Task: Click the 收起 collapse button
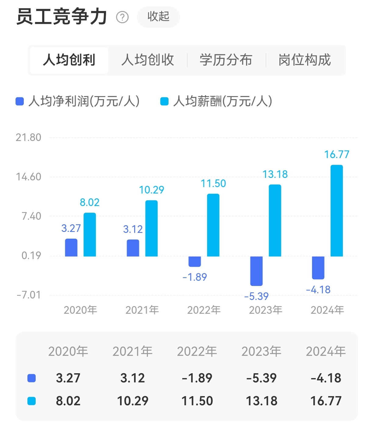pyautogui.click(x=158, y=17)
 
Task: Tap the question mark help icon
pyautogui.click(x=123, y=17)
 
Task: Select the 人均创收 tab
pyautogui.click(x=147, y=60)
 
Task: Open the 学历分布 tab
pyautogui.click(x=226, y=60)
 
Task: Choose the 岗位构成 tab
pyautogui.click(x=304, y=60)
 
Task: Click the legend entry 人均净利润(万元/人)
pyautogui.click(x=78, y=101)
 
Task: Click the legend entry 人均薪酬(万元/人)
pyautogui.click(x=216, y=101)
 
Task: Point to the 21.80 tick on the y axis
pyautogui.click(x=28, y=138)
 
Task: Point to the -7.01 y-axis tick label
pyautogui.click(x=28, y=295)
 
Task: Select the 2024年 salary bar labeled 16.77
pyautogui.click(x=336, y=211)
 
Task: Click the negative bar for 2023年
pyautogui.click(x=256, y=271)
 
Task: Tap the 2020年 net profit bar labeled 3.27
pyautogui.click(x=71, y=248)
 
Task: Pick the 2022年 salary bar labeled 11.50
pyautogui.click(x=213, y=225)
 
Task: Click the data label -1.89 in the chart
pyautogui.click(x=194, y=277)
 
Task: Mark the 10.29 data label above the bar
pyautogui.click(x=151, y=190)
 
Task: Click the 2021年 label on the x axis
pyautogui.click(x=142, y=310)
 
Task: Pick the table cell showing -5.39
pyautogui.click(x=261, y=378)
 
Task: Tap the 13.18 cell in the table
pyautogui.click(x=261, y=401)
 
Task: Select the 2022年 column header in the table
pyautogui.click(x=197, y=352)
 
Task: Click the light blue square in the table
pyautogui.click(x=32, y=401)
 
